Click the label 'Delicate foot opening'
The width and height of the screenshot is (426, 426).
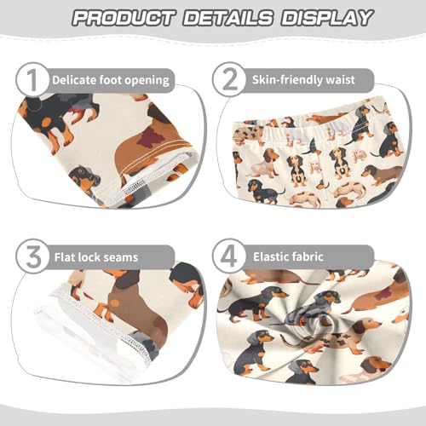point(110,81)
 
